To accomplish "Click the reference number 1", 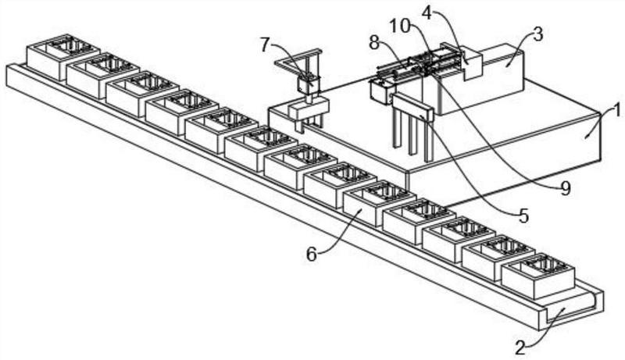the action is coord(616,110).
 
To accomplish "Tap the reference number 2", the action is coord(520,348).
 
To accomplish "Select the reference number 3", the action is coord(537,35).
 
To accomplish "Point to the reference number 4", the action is coord(427,13).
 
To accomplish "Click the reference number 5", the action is coord(523,216).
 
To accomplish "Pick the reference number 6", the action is coord(311,254).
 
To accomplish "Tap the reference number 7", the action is coord(266,45).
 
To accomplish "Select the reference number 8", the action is coord(374,43).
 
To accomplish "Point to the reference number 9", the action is coord(565,188).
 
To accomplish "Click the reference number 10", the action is coord(400,27).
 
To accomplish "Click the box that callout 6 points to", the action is coord(379,204).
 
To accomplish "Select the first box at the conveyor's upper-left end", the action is coord(62,57).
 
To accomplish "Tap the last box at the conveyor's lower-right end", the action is coord(537,276).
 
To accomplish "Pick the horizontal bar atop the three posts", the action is coord(412,107).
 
